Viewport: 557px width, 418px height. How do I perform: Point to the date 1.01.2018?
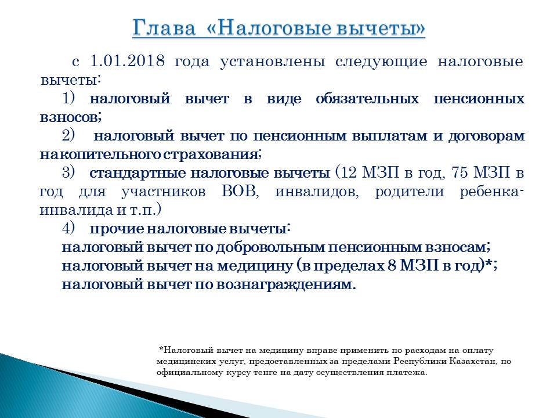127,61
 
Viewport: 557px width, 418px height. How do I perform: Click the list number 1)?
69,98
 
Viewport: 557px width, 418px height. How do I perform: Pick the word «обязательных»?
367,99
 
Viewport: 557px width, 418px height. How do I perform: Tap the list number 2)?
69,135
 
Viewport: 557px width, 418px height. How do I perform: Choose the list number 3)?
69,173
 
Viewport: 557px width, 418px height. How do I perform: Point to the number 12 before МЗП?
349,173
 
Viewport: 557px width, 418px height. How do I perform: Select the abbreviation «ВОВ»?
238,192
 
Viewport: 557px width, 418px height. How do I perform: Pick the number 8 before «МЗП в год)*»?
392,266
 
